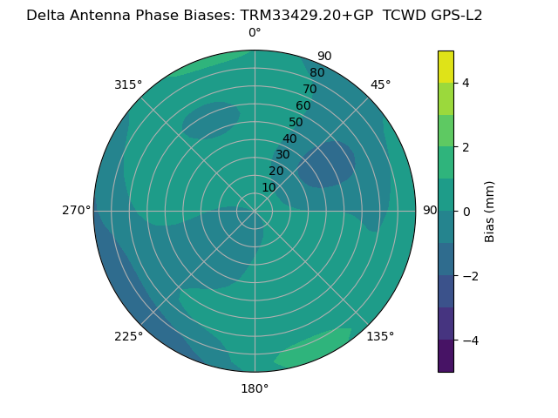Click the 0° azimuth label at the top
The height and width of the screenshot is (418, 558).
point(255,33)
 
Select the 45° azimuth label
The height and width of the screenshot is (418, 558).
point(381,84)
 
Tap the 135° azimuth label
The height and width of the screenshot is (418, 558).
point(380,337)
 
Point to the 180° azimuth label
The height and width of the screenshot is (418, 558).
point(255,389)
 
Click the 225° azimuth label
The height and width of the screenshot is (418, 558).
point(128,337)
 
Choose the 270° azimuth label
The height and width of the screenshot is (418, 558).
point(76,211)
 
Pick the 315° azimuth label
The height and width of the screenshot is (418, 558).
point(128,84)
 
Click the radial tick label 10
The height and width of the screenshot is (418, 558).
point(269,187)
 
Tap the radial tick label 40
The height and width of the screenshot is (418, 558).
point(289,139)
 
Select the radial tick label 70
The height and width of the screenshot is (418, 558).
point(310,90)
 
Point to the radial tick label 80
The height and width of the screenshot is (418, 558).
point(316,73)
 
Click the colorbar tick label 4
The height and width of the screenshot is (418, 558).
point(466,84)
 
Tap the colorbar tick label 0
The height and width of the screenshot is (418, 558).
point(466,212)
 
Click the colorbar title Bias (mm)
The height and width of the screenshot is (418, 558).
point(490,212)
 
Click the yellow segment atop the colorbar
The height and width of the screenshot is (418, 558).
point(446,66)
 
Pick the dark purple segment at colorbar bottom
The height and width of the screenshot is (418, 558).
point(446,356)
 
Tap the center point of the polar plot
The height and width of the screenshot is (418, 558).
point(255,211)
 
